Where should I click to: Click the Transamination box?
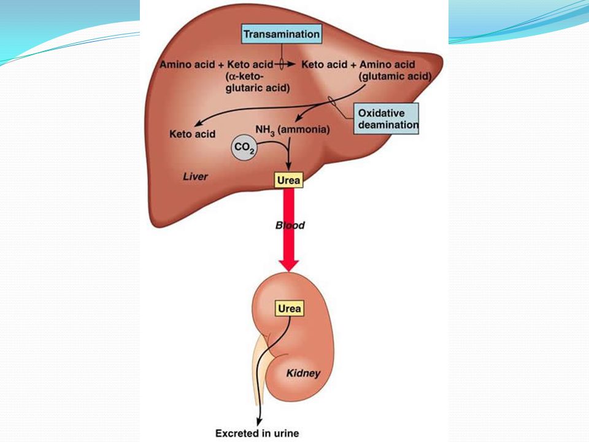(282, 34)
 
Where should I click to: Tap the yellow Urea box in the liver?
(288, 180)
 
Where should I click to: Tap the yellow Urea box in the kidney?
(289, 308)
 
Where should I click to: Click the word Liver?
(196, 177)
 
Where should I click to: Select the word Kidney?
(303, 373)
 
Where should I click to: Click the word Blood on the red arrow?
(290, 225)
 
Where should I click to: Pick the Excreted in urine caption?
(257, 433)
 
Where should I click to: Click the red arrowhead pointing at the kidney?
(288, 264)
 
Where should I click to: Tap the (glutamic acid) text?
(396, 76)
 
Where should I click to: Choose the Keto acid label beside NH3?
(192, 133)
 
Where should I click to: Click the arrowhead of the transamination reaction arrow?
(293, 64)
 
